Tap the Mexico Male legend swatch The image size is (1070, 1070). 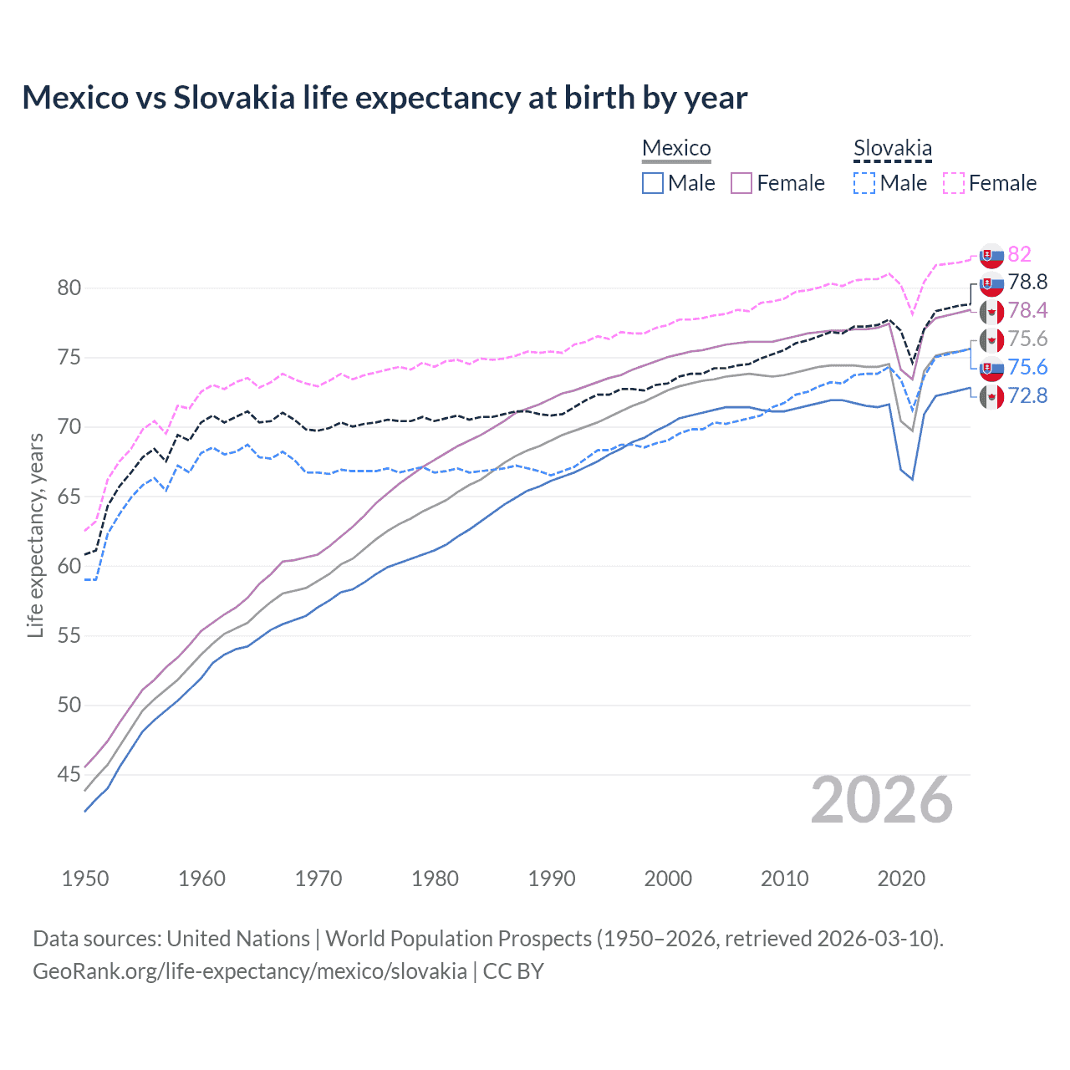click(x=653, y=183)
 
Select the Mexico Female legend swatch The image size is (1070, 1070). click(x=741, y=183)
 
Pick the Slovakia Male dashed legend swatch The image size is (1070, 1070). click(x=864, y=183)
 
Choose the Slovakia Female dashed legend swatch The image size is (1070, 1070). click(x=953, y=183)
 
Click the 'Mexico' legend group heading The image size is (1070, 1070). click(x=676, y=148)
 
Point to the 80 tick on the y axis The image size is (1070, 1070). click(x=69, y=288)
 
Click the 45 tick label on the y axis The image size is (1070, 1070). click(x=69, y=775)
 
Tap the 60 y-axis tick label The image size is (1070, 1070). click(x=69, y=567)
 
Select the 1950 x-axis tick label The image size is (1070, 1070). click(x=85, y=879)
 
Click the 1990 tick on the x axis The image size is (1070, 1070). click(x=552, y=879)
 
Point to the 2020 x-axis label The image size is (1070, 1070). click(x=901, y=879)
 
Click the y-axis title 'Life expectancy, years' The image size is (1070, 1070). click(x=35, y=535)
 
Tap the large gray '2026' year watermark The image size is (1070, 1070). click(x=882, y=800)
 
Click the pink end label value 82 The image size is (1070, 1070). click(x=1019, y=254)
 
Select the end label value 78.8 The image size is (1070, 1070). click(x=1027, y=283)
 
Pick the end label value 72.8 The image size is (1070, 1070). click(x=1027, y=395)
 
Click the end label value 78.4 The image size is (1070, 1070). click(x=1027, y=311)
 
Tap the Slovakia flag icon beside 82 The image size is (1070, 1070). click(x=991, y=255)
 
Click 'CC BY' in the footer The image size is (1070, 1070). click(x=513, y=971)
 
